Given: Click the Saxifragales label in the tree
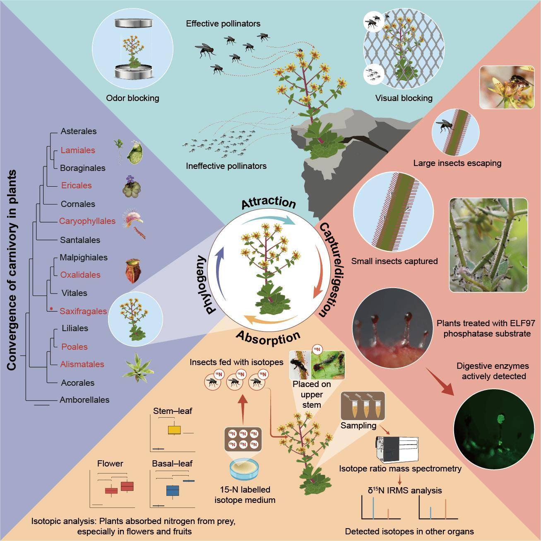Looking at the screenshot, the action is [x=83, y=311].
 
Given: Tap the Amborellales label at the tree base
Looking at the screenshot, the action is [x=84, y=400].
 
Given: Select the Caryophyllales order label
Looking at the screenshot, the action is [x=87, y=221].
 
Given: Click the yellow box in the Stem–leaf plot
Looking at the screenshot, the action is [x=174, y=430].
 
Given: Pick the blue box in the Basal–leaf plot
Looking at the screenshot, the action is [x=173, y=491].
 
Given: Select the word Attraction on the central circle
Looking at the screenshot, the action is [x=269, y=203].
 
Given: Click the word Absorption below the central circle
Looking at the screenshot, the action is [x=268, y=338].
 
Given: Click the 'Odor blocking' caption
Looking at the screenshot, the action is [x=132, y=98].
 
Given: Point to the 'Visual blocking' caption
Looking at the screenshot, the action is [x=404, y=98].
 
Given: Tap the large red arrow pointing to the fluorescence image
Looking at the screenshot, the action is [x=440, y=382].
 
